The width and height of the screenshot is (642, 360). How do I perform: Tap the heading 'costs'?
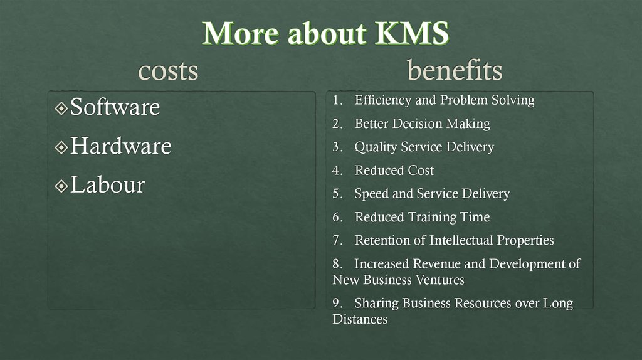168,70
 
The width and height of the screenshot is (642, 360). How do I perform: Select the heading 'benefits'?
455,70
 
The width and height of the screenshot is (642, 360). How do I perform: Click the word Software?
115,107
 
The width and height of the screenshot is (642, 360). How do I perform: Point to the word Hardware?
120,146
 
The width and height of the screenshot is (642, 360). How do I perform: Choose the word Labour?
107,185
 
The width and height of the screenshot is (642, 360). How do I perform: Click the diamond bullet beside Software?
61,109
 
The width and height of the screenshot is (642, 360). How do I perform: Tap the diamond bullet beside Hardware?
61,147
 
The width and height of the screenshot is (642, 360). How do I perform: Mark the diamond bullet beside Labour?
61,186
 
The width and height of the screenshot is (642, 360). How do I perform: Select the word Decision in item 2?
416,124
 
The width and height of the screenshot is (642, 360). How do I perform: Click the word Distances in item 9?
360,319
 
